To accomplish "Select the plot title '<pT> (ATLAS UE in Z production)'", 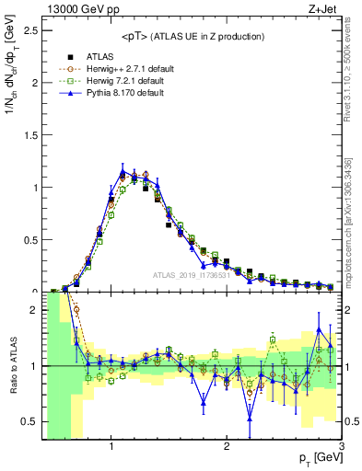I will [192, 36].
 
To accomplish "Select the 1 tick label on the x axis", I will [111, 447].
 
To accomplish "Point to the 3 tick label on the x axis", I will [341, 447].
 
